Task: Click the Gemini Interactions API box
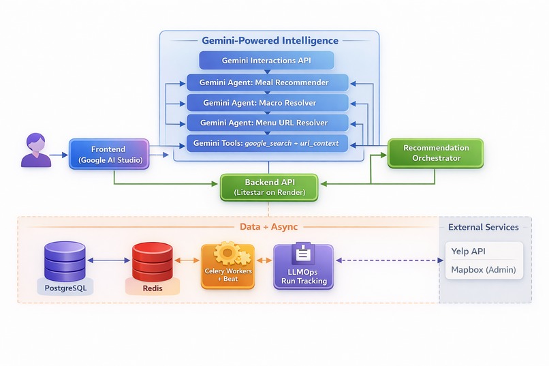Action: tap(267, 61)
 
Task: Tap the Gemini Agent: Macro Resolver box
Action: tap(267, 103)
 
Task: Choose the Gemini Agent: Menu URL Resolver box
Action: tap(267, 123)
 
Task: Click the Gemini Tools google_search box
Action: tap(267, 143)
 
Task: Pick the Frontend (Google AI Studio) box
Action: tap(109, 154)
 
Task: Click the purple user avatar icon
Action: tap(35, 151)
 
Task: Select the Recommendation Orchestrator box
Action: tap(435, 153)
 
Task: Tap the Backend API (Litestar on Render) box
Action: tap(268, 187)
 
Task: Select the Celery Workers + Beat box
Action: tap(228, 266)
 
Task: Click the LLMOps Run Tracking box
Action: tap(303, 266)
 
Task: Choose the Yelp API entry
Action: tap(469, 251)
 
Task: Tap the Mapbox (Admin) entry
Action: tap(483, 270)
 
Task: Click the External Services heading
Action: tap(483, 227)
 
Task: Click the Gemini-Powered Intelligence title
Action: tap(270, 41)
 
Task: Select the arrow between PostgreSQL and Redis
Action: tap(109, 260)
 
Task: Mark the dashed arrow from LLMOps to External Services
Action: tap(386, 260)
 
